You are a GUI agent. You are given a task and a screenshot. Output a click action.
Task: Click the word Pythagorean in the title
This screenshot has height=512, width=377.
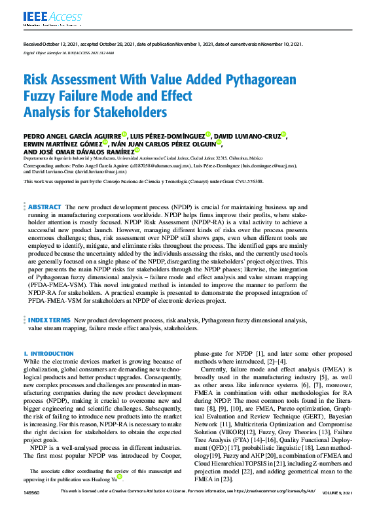(x=210, y=80)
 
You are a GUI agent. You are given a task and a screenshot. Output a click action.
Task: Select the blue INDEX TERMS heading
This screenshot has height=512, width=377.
(x=49, y=320)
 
